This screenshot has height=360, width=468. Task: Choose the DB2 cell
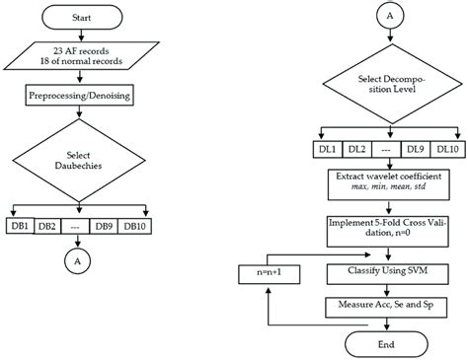[x=46, y=225]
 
